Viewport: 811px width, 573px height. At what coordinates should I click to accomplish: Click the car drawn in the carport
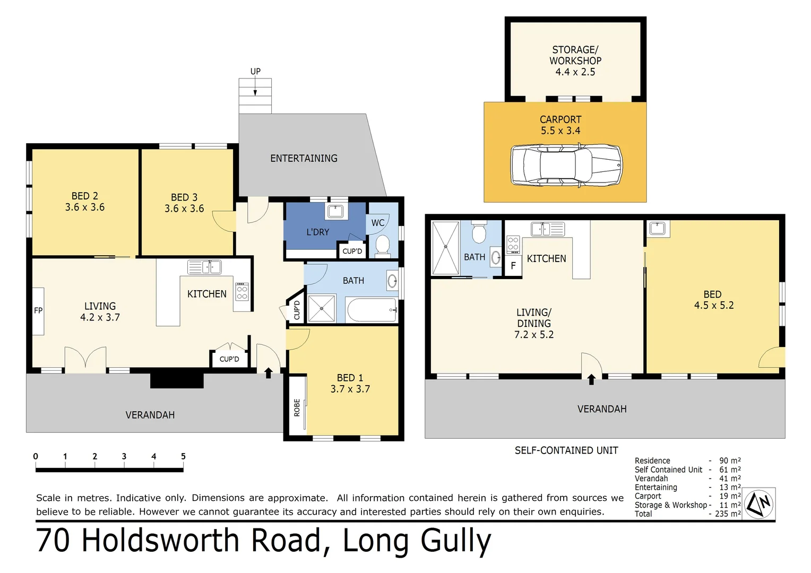point(566,165)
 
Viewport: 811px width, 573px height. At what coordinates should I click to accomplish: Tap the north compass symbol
point(759,504)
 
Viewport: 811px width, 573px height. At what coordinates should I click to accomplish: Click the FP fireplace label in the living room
point(38,311)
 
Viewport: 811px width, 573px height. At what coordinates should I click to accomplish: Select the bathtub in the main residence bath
point(372,310)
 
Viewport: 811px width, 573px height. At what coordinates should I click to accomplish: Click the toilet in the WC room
point(382,245)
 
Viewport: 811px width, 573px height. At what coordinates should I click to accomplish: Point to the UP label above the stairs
point(255,71)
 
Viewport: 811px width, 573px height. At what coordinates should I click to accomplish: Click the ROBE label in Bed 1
point(297,407)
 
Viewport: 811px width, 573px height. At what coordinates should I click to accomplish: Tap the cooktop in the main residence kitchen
point(242,292)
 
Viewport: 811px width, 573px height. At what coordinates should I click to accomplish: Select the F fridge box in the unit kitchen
point(513,266)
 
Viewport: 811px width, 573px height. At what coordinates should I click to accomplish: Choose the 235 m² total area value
point(728,514)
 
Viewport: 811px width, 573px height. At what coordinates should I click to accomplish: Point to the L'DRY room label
point(317,232)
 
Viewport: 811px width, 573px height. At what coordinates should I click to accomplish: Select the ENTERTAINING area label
point(304,158)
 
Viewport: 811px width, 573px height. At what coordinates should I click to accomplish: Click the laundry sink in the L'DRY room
point(335,211)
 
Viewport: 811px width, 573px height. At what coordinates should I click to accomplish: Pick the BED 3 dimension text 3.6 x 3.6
point(184,209)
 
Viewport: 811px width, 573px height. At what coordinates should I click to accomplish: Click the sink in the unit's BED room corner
point(657,228)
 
